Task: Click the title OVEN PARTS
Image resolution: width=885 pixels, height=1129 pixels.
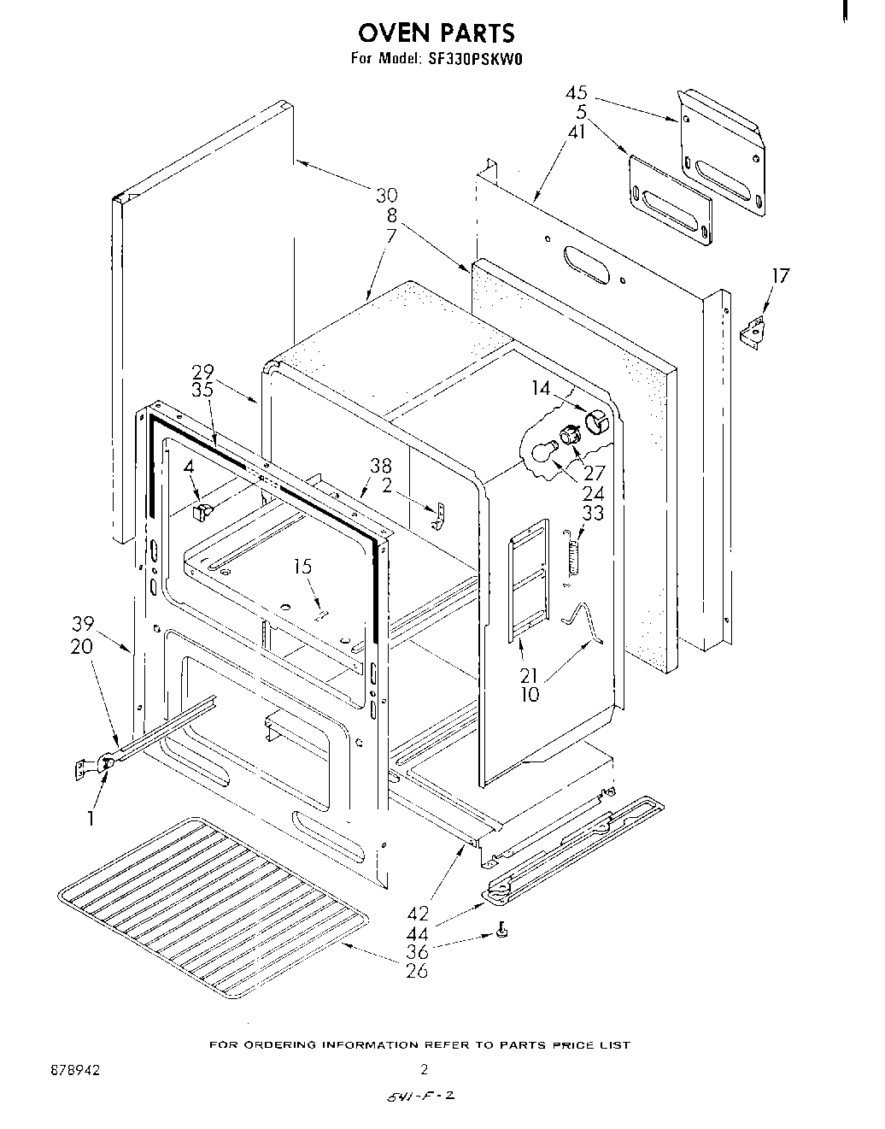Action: (x=437, y=32)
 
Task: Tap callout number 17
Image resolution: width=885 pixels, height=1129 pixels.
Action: (x=780, y=275)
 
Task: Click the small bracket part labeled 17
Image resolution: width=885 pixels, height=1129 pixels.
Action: (x=753, y=330)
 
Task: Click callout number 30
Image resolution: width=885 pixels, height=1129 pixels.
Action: (x=387, y=196)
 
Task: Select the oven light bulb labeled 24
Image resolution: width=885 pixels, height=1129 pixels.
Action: (x=541, y=453)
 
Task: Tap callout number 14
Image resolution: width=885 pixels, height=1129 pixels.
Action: (x=541, y=388)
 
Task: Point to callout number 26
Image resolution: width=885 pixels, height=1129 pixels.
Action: (x=417, y=970)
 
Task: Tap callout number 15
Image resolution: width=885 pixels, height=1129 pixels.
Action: (x=302, y=567)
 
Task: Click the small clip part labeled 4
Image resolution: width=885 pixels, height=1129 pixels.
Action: (x=203, y=511)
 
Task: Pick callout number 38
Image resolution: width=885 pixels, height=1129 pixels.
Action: (x=381, y=466)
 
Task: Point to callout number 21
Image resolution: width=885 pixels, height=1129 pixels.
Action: (x=530, y=675)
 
